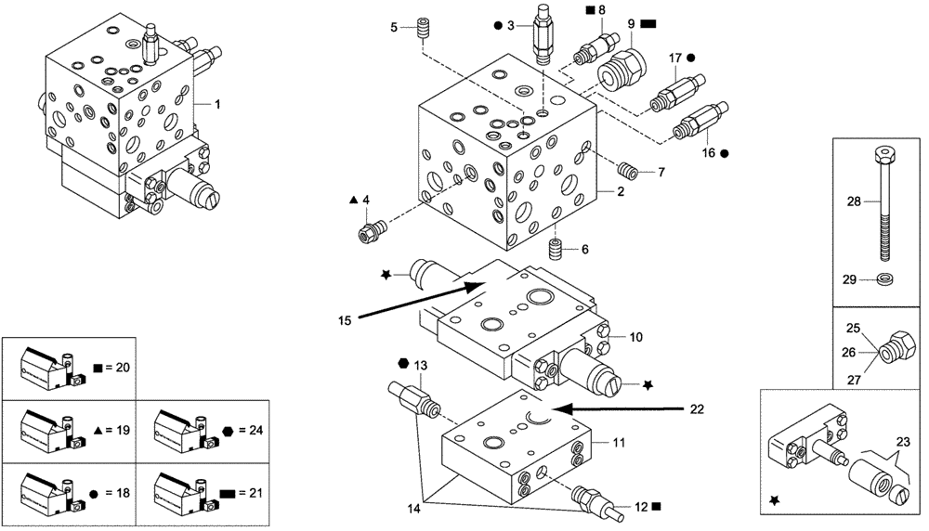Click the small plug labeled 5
426,27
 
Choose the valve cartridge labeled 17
667,93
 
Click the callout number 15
344,321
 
